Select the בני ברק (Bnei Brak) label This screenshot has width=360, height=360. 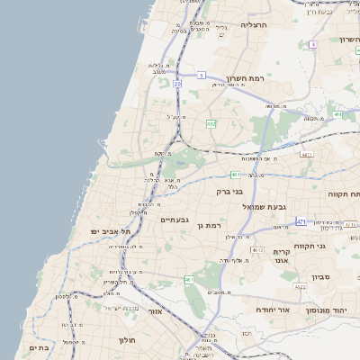(229, 191)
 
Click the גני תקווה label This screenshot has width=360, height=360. (335, 245)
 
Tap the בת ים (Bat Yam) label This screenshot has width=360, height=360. (38, 347)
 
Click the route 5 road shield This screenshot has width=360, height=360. (202, 75)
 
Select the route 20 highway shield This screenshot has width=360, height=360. (178, 84)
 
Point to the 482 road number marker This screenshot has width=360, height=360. (211, 123)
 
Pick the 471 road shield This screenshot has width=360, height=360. (301, 221)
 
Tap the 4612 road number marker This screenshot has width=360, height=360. (258, 249)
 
